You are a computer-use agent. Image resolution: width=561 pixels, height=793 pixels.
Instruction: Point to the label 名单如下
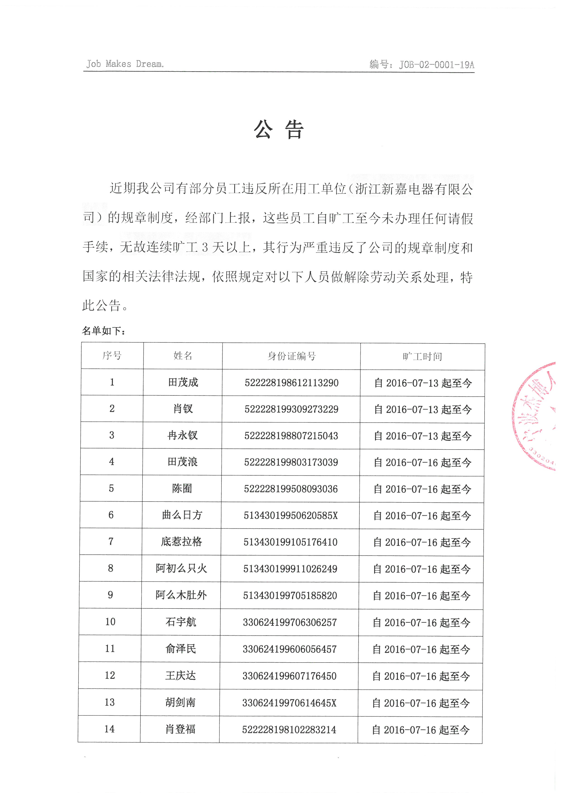click(x=104, y=331)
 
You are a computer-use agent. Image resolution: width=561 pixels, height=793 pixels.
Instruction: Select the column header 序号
click(x=112, y=355)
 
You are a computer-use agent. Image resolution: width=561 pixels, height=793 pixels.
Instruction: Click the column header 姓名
click(x=183, y=356)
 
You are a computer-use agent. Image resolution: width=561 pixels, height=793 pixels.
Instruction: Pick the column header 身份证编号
click(x=291, y=356)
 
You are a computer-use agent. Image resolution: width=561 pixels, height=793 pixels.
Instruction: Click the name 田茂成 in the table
click(x=183, y=382)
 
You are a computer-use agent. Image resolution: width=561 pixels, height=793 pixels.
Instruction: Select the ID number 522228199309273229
click(x=291, y=409)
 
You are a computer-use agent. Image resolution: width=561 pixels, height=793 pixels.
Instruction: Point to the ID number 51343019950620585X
click(x=290, y=516)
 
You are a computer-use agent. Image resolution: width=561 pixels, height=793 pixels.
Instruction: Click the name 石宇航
click(x=181, y=622)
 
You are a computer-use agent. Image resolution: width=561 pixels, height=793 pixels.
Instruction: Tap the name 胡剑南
click(x=180, y=702)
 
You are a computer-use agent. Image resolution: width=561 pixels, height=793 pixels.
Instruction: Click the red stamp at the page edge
click(x=537, y=416)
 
